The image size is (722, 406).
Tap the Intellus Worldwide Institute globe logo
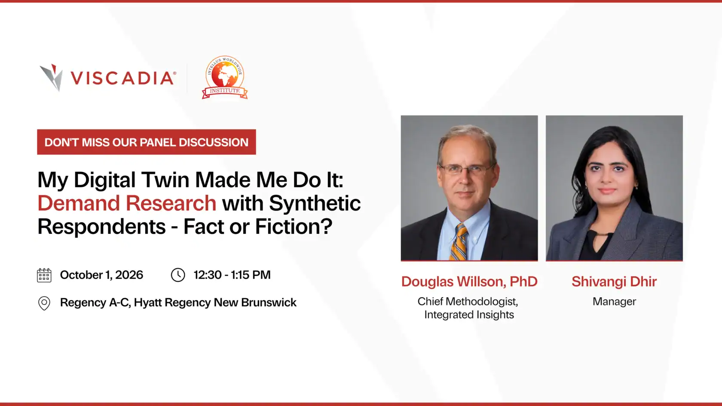[x=225, y=77]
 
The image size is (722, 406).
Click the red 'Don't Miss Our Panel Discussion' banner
[x=146, y=142]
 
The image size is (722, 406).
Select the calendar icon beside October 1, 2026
[x=44, y=275]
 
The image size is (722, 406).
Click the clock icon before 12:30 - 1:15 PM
[x=178, y=275]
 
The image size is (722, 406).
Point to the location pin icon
[x=44, y=303]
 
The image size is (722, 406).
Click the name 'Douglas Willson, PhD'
[x=469, y=282]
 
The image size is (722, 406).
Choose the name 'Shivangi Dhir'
[x=614, y=282]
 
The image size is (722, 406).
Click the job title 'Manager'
[x=615, y=302]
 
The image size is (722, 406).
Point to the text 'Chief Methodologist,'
[x=468, y=302]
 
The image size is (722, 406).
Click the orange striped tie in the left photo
[x=459, y=242]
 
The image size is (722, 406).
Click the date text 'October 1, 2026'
[x=101, y=275]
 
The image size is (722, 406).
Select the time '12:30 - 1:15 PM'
[x=232, y=275]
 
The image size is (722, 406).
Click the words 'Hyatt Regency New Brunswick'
[x=215, y=302]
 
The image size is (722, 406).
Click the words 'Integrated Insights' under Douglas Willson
[x=469, y=315]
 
